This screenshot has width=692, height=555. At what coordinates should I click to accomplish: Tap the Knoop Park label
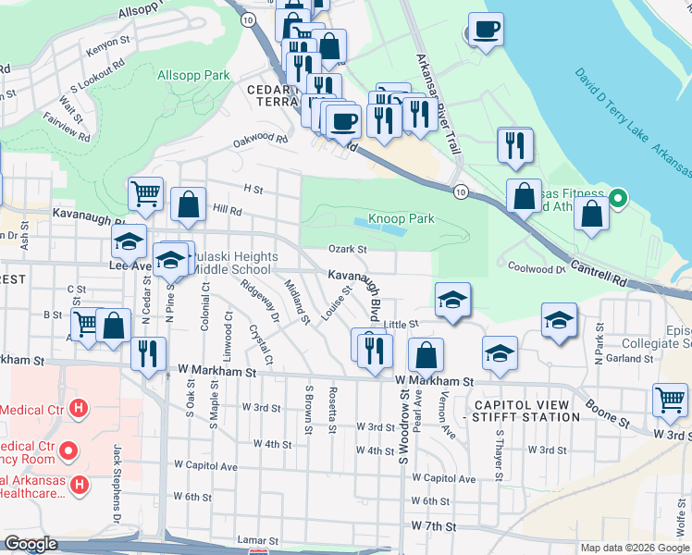pos(402,219)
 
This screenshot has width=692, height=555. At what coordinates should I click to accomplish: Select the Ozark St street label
pos(348,248)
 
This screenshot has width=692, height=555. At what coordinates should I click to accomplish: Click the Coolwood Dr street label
pos(537,268)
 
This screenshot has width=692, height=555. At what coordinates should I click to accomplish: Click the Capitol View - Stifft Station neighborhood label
pos(526,411)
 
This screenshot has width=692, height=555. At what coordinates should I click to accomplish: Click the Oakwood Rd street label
pos(261,138)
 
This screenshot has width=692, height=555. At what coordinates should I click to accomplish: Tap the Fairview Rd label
pos(72,128)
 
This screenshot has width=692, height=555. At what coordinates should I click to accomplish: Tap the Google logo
pos(31,544)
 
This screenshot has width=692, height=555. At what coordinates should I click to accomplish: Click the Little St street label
pos(402,325)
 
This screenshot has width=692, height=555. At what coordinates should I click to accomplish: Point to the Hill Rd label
pos(228,210)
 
